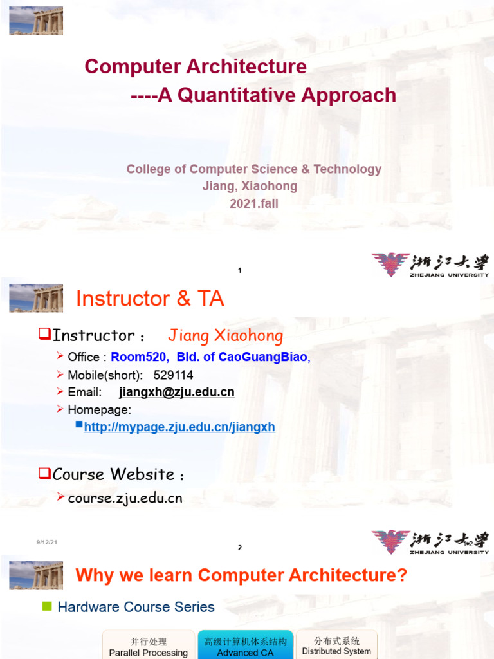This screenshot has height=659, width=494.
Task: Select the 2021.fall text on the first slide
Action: pos(254,203)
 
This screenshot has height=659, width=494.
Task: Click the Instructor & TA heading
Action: pos(150,299)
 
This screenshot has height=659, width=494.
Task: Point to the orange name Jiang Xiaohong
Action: pos(225,335)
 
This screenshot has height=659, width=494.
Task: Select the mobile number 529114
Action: pos(173,375)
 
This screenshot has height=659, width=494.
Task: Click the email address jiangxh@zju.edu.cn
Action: pos(177,392)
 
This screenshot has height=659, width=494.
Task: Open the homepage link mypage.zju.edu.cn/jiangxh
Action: pos(179,427)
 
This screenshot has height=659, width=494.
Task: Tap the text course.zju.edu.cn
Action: pos(125,498)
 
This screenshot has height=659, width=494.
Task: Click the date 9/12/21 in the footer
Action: pos(47,543)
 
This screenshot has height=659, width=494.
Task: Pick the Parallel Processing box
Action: pos(149,647)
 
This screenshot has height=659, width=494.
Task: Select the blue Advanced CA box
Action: pos(245,647)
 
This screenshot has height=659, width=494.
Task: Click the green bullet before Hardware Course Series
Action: pos(46,606)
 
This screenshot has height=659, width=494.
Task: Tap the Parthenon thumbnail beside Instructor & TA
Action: pos(36,298)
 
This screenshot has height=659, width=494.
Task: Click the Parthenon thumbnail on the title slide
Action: pos(36,21)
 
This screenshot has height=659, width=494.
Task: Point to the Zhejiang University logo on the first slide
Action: pos(430,265)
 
